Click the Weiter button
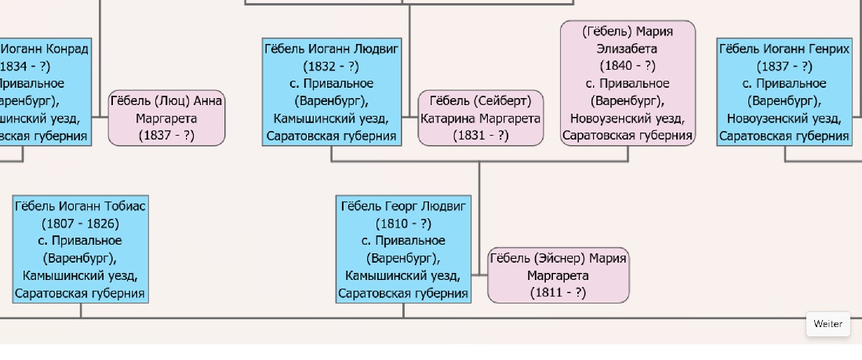click(x=828, y=324)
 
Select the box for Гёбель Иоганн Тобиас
click(x=80, y=249)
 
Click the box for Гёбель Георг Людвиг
click(x=403, y=249)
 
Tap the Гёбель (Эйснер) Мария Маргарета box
click(x=558, y=275)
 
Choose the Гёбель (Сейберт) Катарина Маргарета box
click(x=481, y=118)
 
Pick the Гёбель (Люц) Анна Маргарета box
click(x=166, y=118)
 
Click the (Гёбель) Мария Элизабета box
click(x=627, y=83)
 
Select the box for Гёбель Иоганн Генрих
click(x=784, y=92)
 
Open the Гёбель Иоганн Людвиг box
click(x=332, y=92)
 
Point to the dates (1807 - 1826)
click(x=80, y=224)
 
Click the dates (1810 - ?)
click(x=403, y=224)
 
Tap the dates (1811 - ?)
click(x=558, y=293)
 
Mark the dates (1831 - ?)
click(x=481, y=135)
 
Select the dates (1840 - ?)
click(x=627, y=66)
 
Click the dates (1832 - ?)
click(x=331, y=67)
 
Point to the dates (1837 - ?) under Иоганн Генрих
click(x=784, y=67)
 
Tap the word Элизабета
click(x=627, y=49)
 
